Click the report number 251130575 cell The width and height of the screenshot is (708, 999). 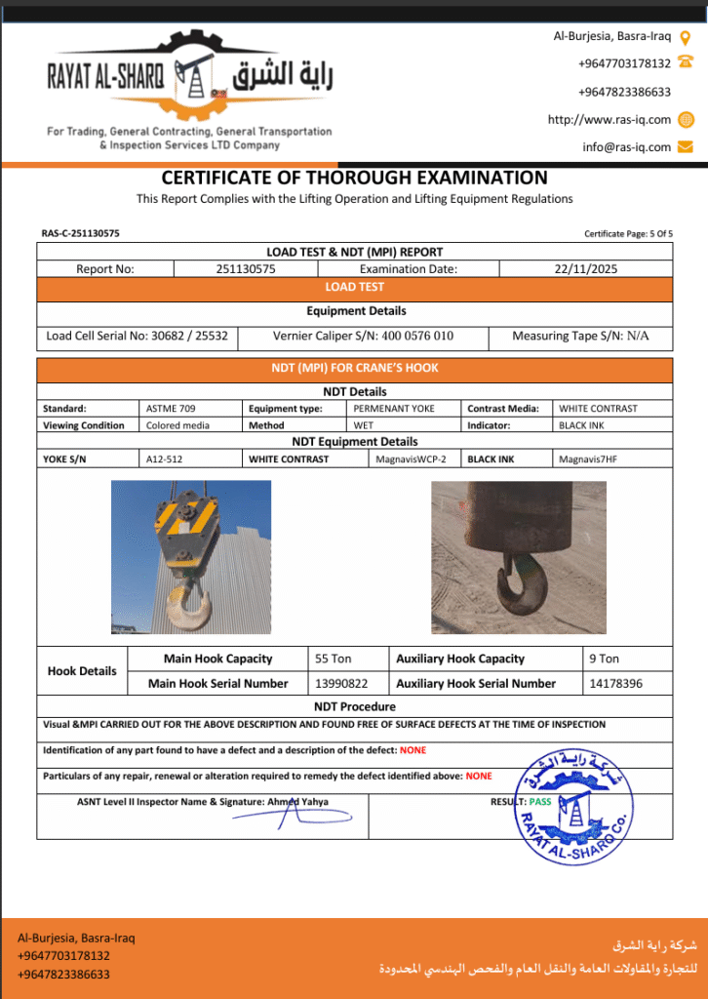(x=246, y=269)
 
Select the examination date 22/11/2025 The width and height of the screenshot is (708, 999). (x=584, y=269)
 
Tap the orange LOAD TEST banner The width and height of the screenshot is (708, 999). (x=354, y=288)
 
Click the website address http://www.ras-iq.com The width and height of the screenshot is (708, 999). (x=609, y=120)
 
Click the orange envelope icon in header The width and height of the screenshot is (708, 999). (x=685, y=147)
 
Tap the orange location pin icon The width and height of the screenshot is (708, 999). (x=685, y=38)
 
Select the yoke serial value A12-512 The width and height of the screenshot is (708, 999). (x=165, y=459)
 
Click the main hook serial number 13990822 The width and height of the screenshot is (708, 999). (x=341, y=684)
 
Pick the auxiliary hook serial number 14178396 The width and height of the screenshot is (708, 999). (x=615, y=684)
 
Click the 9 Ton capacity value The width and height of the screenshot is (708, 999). (x=604, y=659)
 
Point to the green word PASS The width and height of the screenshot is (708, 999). (x=540, y=802)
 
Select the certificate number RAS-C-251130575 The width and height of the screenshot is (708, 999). (x=81, y=233)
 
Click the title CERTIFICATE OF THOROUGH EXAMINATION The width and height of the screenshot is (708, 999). (x=354, y=178)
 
